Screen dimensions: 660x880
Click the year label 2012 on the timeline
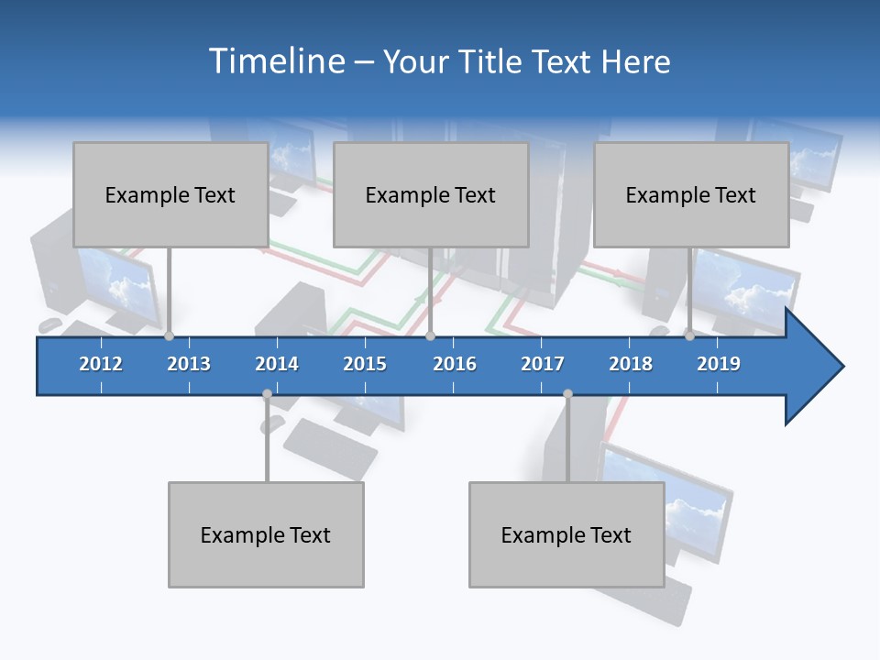101,364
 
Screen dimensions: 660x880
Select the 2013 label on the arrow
189,364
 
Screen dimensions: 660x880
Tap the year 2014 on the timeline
277,364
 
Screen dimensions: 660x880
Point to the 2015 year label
365,364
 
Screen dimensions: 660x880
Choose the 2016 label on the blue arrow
455,364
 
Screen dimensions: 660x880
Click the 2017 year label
543,364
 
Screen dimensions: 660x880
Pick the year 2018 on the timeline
631,364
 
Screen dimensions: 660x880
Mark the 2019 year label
719,364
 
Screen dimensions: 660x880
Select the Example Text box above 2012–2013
170,194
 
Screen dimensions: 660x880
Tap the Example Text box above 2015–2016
431,194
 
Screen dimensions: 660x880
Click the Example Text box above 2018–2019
691,194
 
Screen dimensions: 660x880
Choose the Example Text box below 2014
266,534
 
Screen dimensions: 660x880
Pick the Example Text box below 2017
566,534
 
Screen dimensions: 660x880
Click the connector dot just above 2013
170,336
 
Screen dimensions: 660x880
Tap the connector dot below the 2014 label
267,394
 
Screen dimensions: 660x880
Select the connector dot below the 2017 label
567,394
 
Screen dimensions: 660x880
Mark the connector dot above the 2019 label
690,336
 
